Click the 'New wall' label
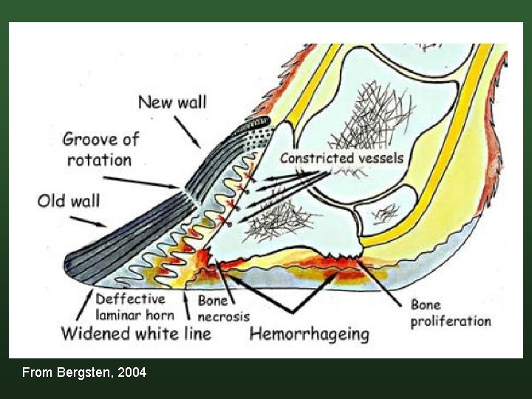172,102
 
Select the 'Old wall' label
69,201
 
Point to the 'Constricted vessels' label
341,158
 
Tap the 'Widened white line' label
136,333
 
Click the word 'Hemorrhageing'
309,334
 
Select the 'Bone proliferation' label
451,313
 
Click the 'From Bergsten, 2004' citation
84,372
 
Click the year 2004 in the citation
133,372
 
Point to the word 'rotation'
99,160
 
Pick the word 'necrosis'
223,316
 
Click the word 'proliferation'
451,321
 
